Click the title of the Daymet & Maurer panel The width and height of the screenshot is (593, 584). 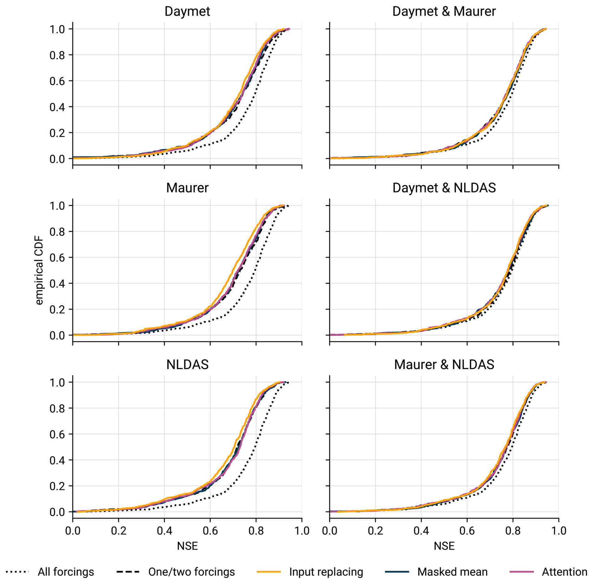click(444, 11)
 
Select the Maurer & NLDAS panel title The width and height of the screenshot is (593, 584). click(444, 364)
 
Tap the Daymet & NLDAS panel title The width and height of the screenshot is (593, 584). click(444, 188)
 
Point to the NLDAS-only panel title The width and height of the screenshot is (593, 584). click(187, 364)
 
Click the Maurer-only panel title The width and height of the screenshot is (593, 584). click(187, 188)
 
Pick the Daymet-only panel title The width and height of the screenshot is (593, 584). click(187, 11)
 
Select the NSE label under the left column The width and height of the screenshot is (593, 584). click(187, 546)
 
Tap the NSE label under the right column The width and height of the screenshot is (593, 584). click(444, 546)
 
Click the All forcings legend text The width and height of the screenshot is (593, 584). click(66, 572)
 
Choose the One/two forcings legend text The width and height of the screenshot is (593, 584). click(191, 572)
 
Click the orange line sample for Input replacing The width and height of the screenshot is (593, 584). click(269, 572)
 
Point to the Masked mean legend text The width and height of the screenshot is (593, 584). click(452, 572)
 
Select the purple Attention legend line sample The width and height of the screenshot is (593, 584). click(522, 572)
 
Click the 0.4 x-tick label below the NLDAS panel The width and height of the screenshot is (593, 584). click(164, 531)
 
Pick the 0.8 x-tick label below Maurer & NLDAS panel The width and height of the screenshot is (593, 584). click(513, 531)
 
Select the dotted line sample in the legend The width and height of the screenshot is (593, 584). click(17, 572)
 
